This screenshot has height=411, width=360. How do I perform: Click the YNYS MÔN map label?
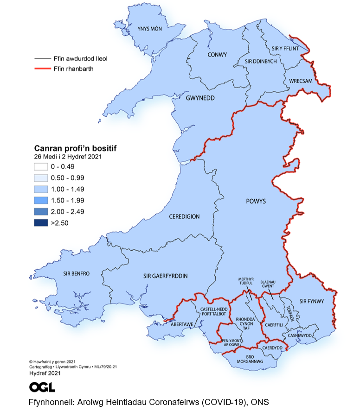(x=149, y=29)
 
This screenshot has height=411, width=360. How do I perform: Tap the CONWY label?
(x=218, y=55)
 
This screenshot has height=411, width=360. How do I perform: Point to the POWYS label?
(x=256, y=202)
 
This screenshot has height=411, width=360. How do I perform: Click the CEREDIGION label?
(x=184, y=216)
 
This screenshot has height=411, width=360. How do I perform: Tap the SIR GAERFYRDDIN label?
(x=166, y=276)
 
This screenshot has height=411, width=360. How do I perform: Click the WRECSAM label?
(x=301, y=81)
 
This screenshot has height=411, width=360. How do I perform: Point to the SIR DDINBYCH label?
(x=260, y=61)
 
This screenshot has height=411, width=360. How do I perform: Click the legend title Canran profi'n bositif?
(x=75, y=148)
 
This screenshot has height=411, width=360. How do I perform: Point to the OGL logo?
(x=42, y=387)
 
